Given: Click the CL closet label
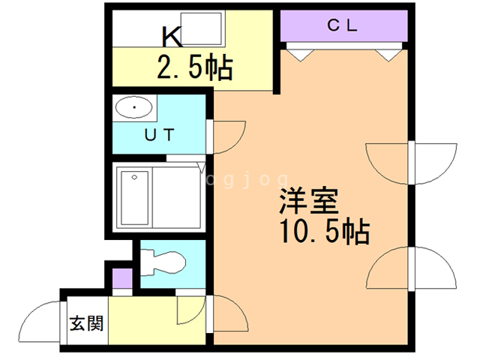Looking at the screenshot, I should point(344,25).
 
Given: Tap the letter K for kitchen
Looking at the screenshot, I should point(172,35).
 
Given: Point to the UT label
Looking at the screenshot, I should point(159,136).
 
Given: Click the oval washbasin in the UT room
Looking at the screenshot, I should point(135,109).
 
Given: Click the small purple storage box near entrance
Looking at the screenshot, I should point(121,277).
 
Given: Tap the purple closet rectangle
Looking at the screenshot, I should point(344,25).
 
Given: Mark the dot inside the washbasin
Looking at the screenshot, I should point(135,109).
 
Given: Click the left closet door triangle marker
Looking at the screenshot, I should point(298,54).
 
